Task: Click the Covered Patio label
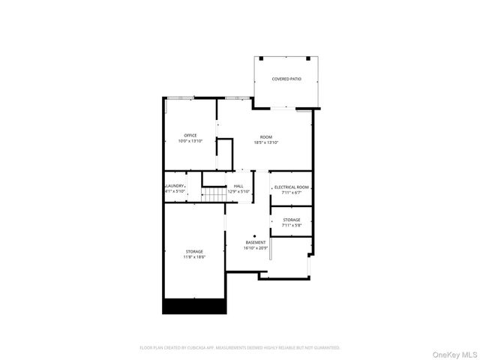point(286,79)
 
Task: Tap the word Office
point(190,135)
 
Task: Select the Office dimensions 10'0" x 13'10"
point(190,141)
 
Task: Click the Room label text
point(266,136)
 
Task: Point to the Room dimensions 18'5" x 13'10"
point(266,142)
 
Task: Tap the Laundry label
point(175,185)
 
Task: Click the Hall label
point(238,185)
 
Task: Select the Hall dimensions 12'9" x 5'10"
point(238,191)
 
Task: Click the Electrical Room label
point(292,187)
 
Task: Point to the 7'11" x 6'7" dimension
point(292,193)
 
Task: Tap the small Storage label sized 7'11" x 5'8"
point(292,220)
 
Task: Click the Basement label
point(256,242)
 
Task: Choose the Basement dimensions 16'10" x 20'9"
point(256,248)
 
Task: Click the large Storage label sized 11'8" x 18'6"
point(194,251)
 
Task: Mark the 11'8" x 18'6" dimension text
point(194,257)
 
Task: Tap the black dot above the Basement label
point(254,235)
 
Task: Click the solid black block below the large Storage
point(194,306)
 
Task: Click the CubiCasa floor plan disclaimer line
point(240,348)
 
